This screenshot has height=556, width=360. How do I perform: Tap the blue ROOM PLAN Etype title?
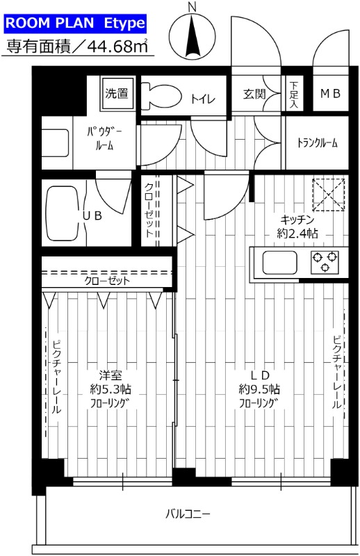76,23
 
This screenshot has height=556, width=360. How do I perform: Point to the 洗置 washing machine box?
116,92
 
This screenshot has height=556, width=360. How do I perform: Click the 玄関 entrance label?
254,94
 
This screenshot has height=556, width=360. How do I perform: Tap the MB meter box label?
330,94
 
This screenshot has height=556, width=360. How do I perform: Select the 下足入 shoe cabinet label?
293,94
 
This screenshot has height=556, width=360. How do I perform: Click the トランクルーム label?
317,143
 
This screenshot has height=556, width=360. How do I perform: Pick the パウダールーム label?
102,138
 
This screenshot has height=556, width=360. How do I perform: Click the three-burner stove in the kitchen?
325,262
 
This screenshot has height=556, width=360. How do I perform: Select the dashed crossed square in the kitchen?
329,195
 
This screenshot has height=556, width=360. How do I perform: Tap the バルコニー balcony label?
188,514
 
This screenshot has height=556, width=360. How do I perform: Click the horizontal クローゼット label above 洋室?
108,281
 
